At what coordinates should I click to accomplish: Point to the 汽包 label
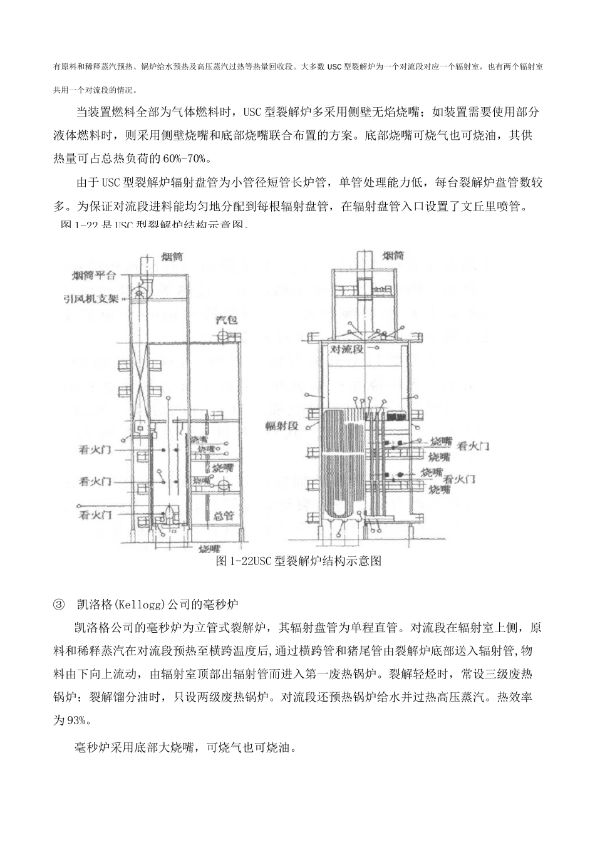pos(226,320)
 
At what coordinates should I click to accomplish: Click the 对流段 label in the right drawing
pos(347,349)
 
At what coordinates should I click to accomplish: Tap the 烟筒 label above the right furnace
pos(392,256)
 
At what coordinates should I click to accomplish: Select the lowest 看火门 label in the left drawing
pos(95,515)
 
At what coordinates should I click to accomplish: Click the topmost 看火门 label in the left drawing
pos(95,449)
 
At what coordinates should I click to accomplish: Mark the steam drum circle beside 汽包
pos(221,337)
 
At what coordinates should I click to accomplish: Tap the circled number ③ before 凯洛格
pos(59,605)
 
